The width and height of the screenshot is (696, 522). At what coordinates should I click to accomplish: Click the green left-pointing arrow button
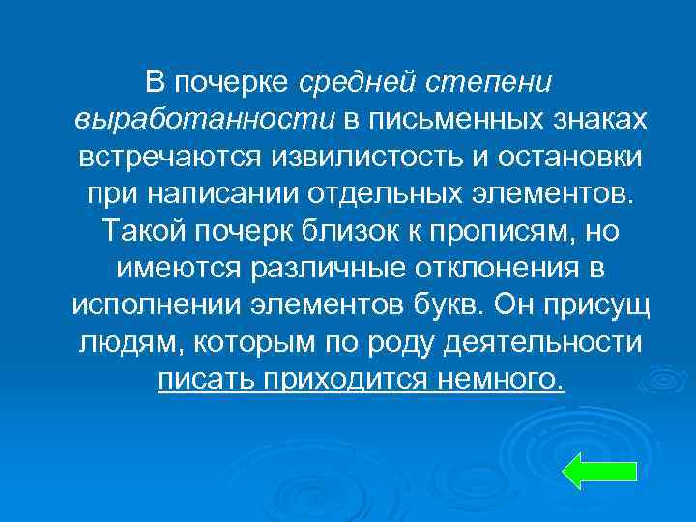[598, 470]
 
